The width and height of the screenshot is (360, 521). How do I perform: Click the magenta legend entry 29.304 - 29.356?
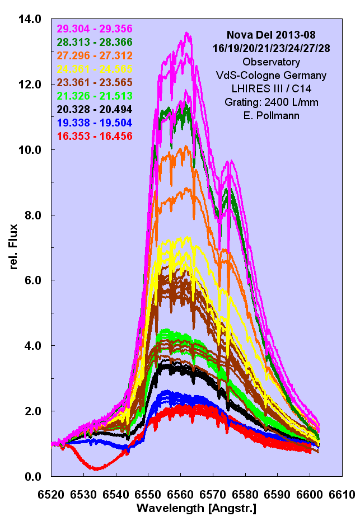click(x=94, y=29)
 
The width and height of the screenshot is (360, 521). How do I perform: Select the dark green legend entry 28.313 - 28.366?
click(x=94, y=42)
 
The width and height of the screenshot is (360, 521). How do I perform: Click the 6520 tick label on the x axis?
click(x=52, y=495)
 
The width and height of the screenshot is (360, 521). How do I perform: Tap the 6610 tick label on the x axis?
click(x=342, y=495)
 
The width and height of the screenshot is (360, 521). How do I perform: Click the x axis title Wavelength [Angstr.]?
click(x=197, y=509)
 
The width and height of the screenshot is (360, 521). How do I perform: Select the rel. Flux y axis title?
click(x=14, y=247)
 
